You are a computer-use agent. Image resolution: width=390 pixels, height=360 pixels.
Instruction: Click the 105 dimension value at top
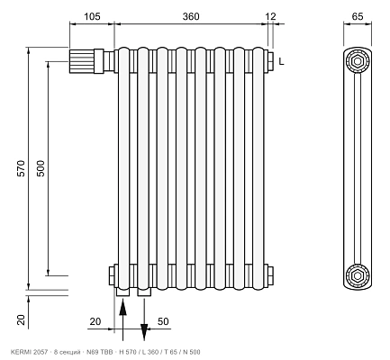[x=92, y=16]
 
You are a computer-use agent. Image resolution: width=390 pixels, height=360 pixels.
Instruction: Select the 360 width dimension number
[x=191, y=16]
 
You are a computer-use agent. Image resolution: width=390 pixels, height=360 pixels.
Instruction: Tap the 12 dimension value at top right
[x=271, y=16]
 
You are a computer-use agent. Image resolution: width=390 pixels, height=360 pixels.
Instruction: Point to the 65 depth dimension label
[x=358, y=16]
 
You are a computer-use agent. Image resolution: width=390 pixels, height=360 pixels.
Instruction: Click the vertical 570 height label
[x=21, y=168]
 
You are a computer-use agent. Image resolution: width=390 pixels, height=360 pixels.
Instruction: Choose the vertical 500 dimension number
[x=41, y=168]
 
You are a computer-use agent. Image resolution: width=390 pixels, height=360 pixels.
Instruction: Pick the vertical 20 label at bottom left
[x=21, y=319]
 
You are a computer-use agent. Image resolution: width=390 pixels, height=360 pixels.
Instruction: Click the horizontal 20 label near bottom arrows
[x=95, y=321]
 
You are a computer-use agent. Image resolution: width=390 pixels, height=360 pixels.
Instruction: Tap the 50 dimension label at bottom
[x=163, y=321]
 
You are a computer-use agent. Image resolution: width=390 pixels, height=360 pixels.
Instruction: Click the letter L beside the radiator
[x=281, y=61]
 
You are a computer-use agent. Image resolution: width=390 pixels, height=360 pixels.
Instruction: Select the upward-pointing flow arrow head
[x=122, y=308]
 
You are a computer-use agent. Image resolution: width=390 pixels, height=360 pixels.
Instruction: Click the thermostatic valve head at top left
[x=81, y=61]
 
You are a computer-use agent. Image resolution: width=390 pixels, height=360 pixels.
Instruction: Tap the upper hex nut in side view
[x=358, y=61]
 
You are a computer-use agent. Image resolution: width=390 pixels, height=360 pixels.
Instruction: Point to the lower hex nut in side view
[x=358, y=275]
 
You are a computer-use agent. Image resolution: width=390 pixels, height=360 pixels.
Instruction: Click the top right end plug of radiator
[x=269, y=61]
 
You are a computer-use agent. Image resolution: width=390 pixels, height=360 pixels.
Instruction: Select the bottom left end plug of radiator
[x=113, y=275]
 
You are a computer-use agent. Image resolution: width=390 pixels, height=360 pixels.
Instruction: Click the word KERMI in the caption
[x=20, y=352]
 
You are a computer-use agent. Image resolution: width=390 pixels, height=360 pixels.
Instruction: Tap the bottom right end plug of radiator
[x=269, y=275]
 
